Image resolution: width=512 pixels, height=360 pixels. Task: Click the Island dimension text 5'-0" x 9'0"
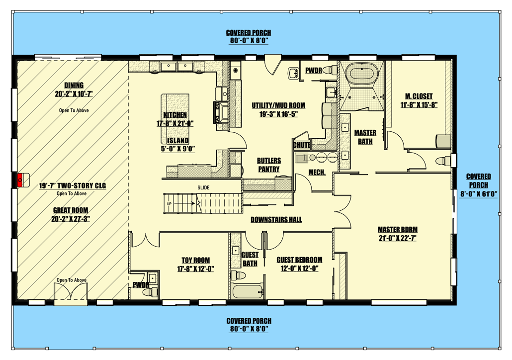(177, 148)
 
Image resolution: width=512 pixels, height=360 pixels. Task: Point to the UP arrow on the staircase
(170, 204)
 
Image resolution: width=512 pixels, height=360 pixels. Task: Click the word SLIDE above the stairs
(203, 187)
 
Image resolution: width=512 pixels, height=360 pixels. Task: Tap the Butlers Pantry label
(268, 165)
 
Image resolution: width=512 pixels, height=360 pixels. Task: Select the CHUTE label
(302, 146)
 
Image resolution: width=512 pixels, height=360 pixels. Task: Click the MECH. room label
(317, 173)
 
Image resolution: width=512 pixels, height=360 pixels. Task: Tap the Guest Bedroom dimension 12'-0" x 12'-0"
(299, 269)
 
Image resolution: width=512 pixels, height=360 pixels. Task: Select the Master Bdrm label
(397, 229)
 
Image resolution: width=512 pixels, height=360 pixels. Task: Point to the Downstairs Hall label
(276, 220)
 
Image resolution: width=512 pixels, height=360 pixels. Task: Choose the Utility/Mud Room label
(278, 105)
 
